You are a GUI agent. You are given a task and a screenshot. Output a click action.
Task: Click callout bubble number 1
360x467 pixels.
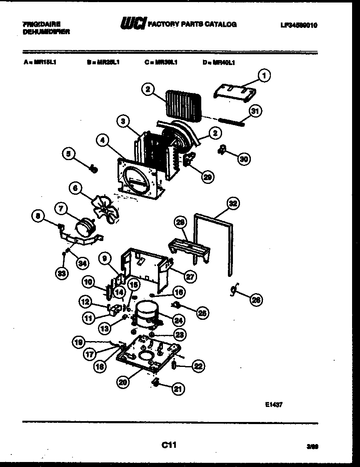point(263,75)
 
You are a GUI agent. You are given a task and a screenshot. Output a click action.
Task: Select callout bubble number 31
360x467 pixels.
point(255,111)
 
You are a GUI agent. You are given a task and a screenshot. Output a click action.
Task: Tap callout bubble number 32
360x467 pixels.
point(233,204)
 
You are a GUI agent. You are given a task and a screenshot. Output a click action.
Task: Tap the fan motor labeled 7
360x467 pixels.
point(86,229)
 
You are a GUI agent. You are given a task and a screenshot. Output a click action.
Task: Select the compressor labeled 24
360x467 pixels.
point(145,314)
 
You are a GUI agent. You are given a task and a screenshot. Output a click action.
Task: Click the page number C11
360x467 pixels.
point(169,445)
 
